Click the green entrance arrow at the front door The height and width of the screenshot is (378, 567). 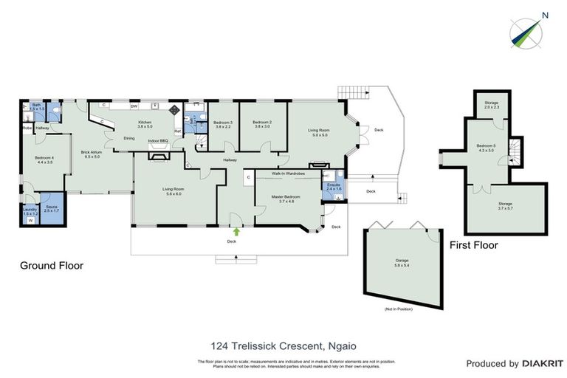pyautogui.click(x=236, y=232)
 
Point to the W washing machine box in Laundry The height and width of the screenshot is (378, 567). pyautogui.click(x=30, y=221)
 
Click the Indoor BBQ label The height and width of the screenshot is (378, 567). pyautogui.click(x=158, y=140)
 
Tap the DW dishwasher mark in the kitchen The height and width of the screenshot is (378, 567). pyautogui.click(x=134, y=106)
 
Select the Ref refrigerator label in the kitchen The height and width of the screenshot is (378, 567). pyautogui.click(x=177, y=132)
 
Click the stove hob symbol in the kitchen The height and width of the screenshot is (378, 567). pyautogui.click(x=173, y=109)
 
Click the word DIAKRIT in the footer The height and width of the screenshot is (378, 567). pyautogui.click(x=543, y=363)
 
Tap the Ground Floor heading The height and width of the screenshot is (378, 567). pyautogui.click(x=51, y=266)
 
